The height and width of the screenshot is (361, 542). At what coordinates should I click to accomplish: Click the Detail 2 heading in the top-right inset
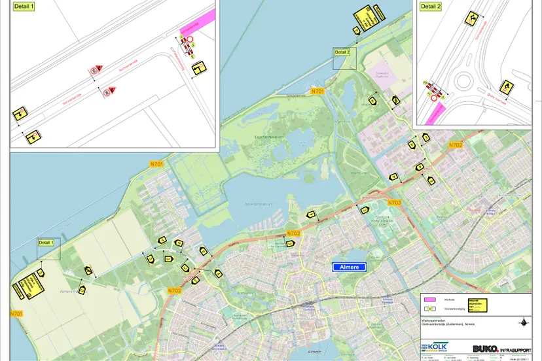coord(430,6)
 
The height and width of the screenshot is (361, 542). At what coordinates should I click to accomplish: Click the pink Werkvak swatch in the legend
coord(431,299)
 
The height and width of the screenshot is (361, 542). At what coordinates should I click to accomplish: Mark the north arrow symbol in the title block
coord(522,322)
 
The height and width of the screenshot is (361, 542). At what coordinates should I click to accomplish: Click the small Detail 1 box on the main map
coord(49,249)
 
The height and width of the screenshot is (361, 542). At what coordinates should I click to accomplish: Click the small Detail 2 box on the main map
coord(344,59)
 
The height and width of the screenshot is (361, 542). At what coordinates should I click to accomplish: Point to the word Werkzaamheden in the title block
coord(435,318)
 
